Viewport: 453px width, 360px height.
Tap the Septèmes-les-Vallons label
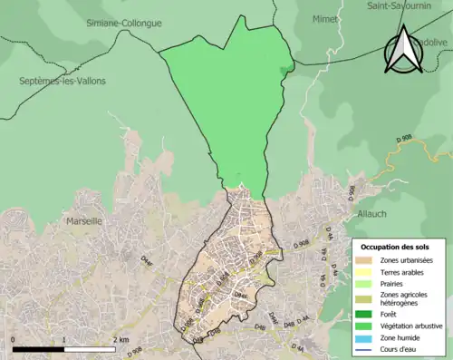pyautogui.click(x=63, y=81)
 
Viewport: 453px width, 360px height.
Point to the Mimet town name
pyautogui.click(x=324, y=18)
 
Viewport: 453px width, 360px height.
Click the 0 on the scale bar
pyautogui.click(x=14, y=339)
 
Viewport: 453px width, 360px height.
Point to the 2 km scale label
pyautogui.click(x=120, y=339)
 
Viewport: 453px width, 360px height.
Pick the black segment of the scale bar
pyautogui.click(x=39, y=348)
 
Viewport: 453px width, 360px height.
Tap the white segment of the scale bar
pyautogui.click(x=91, y=348)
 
